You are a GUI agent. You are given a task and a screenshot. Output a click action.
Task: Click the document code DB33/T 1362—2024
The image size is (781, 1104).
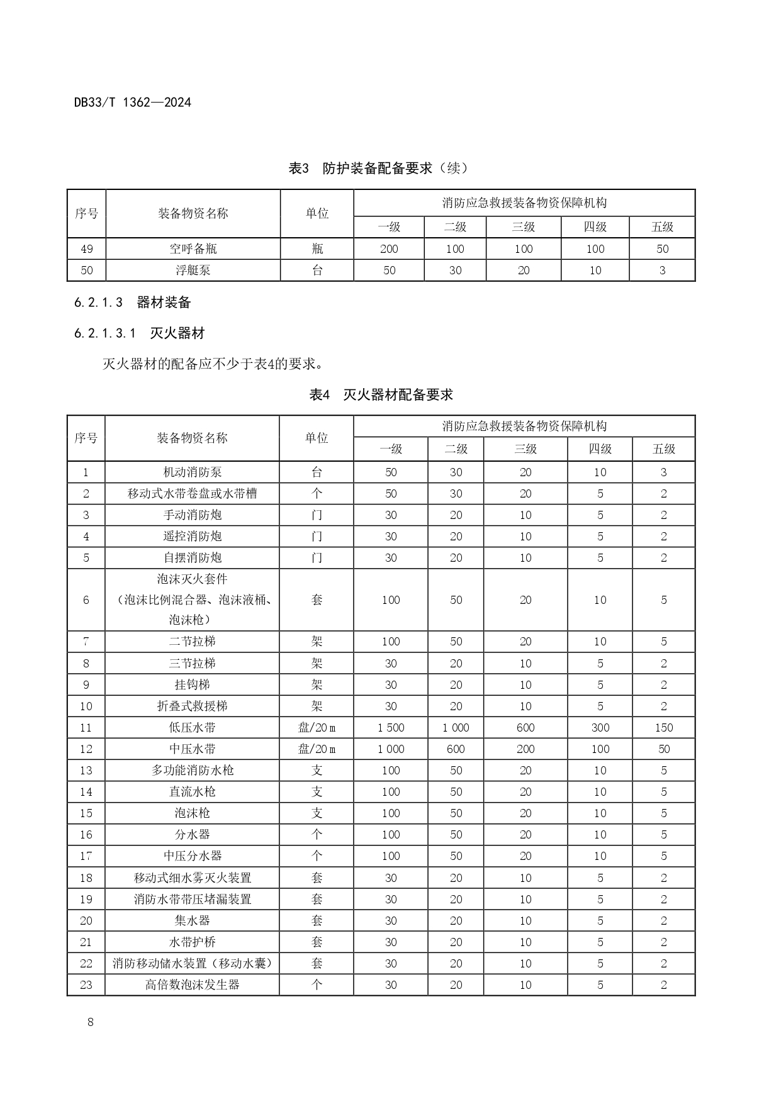coord(132,102)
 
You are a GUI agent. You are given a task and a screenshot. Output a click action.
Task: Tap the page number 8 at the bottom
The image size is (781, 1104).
coord(91,1022)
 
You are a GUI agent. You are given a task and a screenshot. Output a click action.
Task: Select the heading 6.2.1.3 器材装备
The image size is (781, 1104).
coord(132,303)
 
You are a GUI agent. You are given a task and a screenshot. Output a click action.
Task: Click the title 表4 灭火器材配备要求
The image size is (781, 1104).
coord(381,395)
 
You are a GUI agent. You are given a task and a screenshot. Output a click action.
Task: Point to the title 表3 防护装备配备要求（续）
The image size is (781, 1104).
coord(378,169)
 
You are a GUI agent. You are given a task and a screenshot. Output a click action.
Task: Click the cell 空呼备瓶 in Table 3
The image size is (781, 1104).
coord(193,248)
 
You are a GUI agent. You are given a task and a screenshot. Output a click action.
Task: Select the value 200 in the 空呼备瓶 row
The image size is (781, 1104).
coord(389,248)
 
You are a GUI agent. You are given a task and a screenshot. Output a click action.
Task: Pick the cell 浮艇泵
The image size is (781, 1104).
coord(193,270)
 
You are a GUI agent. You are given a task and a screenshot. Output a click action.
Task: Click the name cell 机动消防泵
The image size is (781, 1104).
coord(192,472)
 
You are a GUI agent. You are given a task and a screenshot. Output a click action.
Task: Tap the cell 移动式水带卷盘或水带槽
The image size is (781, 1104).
coord(192,494)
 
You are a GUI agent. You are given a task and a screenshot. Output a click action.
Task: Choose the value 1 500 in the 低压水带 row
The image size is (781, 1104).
coord(391,728)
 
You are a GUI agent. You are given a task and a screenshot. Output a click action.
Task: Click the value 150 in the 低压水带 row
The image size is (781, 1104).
coord(663,728)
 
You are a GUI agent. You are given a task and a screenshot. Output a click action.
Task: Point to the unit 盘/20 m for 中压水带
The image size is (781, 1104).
coord(317,749)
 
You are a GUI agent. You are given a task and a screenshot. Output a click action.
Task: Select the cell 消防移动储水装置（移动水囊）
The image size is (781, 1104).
coord(192,964)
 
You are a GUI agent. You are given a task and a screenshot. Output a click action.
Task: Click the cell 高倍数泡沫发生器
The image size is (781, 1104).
coord(192,985)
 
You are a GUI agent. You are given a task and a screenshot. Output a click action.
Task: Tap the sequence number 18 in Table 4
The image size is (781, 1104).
coord(86,878)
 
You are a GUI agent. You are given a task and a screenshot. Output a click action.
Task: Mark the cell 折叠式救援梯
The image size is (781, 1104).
coord(192,706)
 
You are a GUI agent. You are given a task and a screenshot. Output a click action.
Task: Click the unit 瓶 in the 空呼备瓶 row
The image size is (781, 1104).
coord(317,248)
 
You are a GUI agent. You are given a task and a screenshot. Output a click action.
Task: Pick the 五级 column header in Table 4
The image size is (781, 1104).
coord(663,449)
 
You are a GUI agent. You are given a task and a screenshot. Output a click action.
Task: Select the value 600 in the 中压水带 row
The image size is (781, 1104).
coord(456,749)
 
